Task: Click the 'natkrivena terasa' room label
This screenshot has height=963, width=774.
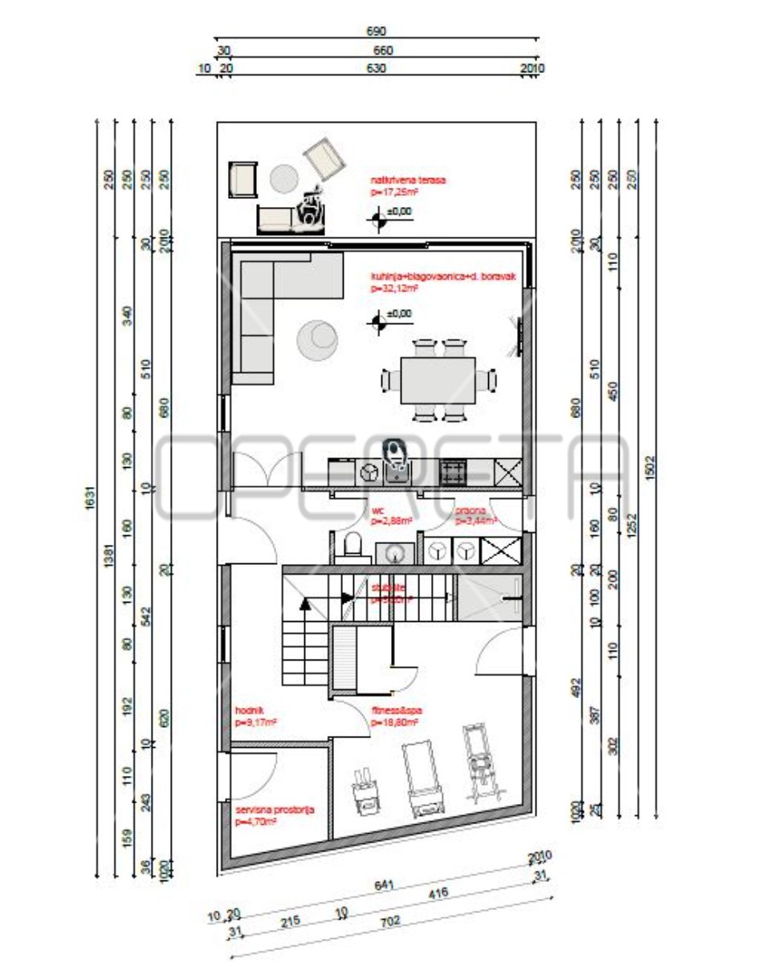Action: tap(407, 181)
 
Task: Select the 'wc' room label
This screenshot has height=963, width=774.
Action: tap(377, 510)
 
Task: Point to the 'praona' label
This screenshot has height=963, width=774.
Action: tap(468, 510)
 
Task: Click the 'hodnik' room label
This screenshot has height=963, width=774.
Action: tap(245, 710)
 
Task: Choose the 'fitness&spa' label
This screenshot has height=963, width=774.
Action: tap(396, 710)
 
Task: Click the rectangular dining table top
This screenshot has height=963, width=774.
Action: tap(438, 380)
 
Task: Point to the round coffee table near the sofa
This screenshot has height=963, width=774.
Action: tap(318, 338)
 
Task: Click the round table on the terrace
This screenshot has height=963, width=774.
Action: tap(284, 179)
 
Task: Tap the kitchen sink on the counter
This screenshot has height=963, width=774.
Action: tap(394, 473)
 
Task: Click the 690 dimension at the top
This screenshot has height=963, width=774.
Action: tap(377, 31)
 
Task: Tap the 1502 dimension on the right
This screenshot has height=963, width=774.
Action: tap(650, 465)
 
